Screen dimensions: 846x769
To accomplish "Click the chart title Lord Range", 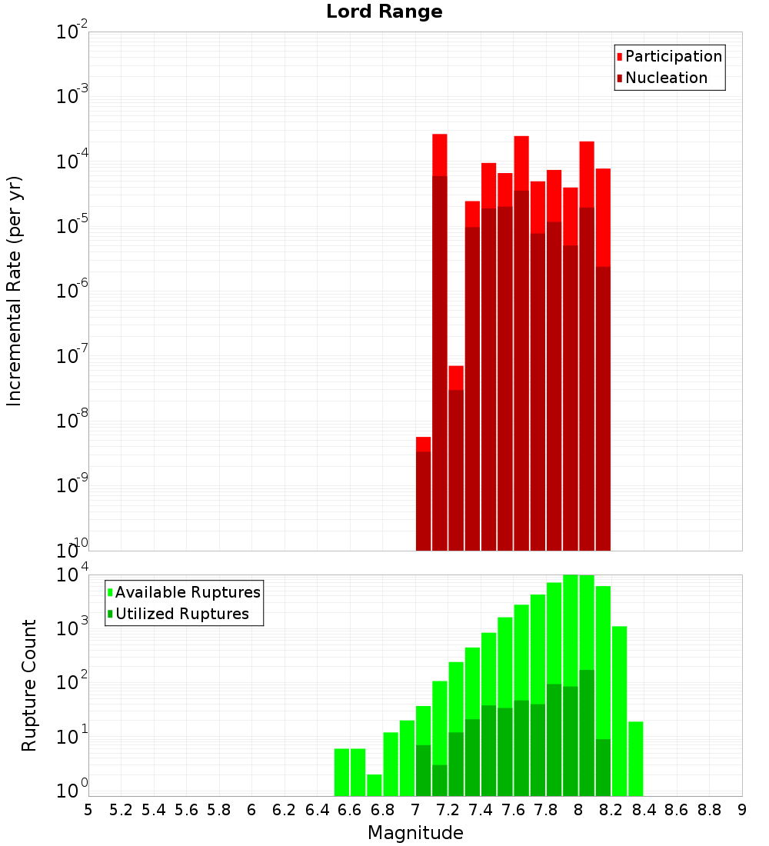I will tap(384, 12).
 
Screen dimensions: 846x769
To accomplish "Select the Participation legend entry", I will tap(674, 56).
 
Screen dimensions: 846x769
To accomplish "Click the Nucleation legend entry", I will tap(666, 78).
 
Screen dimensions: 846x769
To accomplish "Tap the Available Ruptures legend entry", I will tap(188, 592).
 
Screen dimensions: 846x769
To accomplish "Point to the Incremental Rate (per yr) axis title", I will tap(15, 291).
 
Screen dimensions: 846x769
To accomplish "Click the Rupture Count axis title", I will tap(29, 685).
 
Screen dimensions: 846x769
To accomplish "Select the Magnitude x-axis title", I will tap(415, 833).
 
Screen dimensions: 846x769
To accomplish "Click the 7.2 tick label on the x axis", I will tap(448, 810).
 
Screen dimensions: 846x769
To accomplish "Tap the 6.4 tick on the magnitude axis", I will tap(317, 810).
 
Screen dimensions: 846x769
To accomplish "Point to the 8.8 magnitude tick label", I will tap(709, 810).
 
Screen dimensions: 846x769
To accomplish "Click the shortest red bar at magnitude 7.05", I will tap(423, 493).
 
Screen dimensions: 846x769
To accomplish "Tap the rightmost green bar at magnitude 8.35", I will tap(635, 758).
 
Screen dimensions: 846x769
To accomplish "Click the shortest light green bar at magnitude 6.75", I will tap(375, 785).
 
